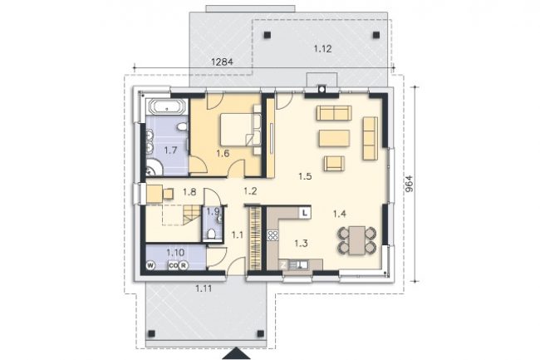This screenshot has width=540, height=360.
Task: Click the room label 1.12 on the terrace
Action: (x=322, y=49)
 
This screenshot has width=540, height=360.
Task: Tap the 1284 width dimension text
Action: (x=222, y=62)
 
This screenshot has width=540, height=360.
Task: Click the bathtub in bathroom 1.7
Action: (x=167, y=106)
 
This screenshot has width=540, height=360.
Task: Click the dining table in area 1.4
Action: (x=356, y=240)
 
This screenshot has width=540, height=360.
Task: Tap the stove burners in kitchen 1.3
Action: (x=272, y=235)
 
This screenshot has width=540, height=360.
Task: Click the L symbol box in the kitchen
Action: (x=305, y=213)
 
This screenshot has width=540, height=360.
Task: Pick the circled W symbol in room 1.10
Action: (x=150, y=265)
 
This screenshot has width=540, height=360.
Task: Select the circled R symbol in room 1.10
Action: (x=184, y=265)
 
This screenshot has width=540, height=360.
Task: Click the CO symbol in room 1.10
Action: (x=174, y=265)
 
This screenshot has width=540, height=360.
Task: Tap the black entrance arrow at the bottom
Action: (x=236, y=353)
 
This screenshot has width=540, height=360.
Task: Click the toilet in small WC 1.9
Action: (x=211, y=234)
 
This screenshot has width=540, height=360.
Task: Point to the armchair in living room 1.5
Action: (x=334, y=164)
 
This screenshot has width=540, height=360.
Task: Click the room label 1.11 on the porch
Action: (x=204, y=288)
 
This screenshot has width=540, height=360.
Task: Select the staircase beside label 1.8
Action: (x=191, y=215)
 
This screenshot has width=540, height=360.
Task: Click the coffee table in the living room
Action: (x=335, y=138)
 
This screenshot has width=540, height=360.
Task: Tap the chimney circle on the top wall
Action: (x=322, y=90)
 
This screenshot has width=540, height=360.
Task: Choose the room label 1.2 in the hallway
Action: (x=250, y=191)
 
